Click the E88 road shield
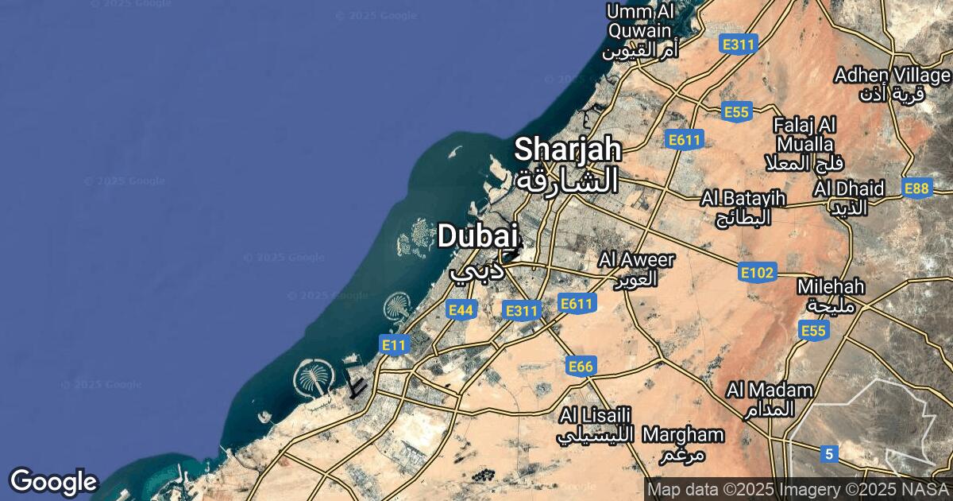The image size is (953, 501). pyautogui.click(x=916, y=188)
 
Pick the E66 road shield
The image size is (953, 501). pyautogui.click(x=581, y=366)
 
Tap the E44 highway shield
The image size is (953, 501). pyautogui.click(x=461, y=310)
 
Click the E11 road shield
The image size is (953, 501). pyautogui.click(x=394, y=344)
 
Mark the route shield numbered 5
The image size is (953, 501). pyautogui.click(x=829, y=454)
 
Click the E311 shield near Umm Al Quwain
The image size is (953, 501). pyautogui.click(x=738, y=45)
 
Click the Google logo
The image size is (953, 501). pyautogui.click(x=53, y=481)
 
